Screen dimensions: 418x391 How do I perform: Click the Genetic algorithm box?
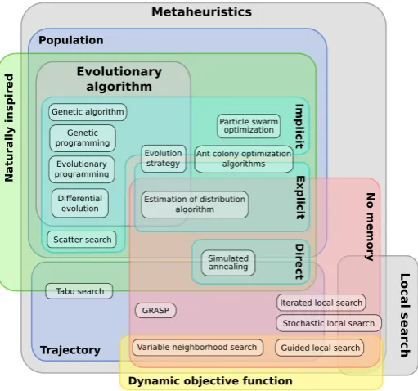tap(88, 112)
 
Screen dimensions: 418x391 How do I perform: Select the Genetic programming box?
tap(83, 138)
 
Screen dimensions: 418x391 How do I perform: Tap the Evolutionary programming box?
tap(82, 169)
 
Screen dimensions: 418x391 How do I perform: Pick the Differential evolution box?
tap(80, 203)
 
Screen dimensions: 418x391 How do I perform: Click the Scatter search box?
tap(82, 240)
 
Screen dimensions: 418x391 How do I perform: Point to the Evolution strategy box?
tap(164, 159)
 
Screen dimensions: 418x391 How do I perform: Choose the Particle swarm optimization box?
tap(249, 126)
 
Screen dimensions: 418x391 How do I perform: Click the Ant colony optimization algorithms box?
tap(244, 159)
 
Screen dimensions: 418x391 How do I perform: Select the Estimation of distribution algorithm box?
tap(195, 204)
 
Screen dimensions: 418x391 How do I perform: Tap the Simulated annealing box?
tap(228, 263)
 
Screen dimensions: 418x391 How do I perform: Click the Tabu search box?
tap(79, 291)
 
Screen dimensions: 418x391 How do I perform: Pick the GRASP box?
tap(155, 310)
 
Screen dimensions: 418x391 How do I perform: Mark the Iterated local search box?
tap(321, 303)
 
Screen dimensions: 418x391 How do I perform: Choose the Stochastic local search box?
tap(329, 323)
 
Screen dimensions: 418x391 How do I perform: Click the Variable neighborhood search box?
tap(198, 348)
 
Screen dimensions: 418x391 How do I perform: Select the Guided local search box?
tap(320, 348)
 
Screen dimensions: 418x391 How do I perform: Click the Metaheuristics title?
tap(201, 12)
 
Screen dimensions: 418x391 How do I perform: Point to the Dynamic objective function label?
tap(210, 381)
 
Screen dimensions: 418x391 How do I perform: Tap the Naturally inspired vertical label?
tap(9, 128)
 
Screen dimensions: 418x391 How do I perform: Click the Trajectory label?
tap(70, 350)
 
